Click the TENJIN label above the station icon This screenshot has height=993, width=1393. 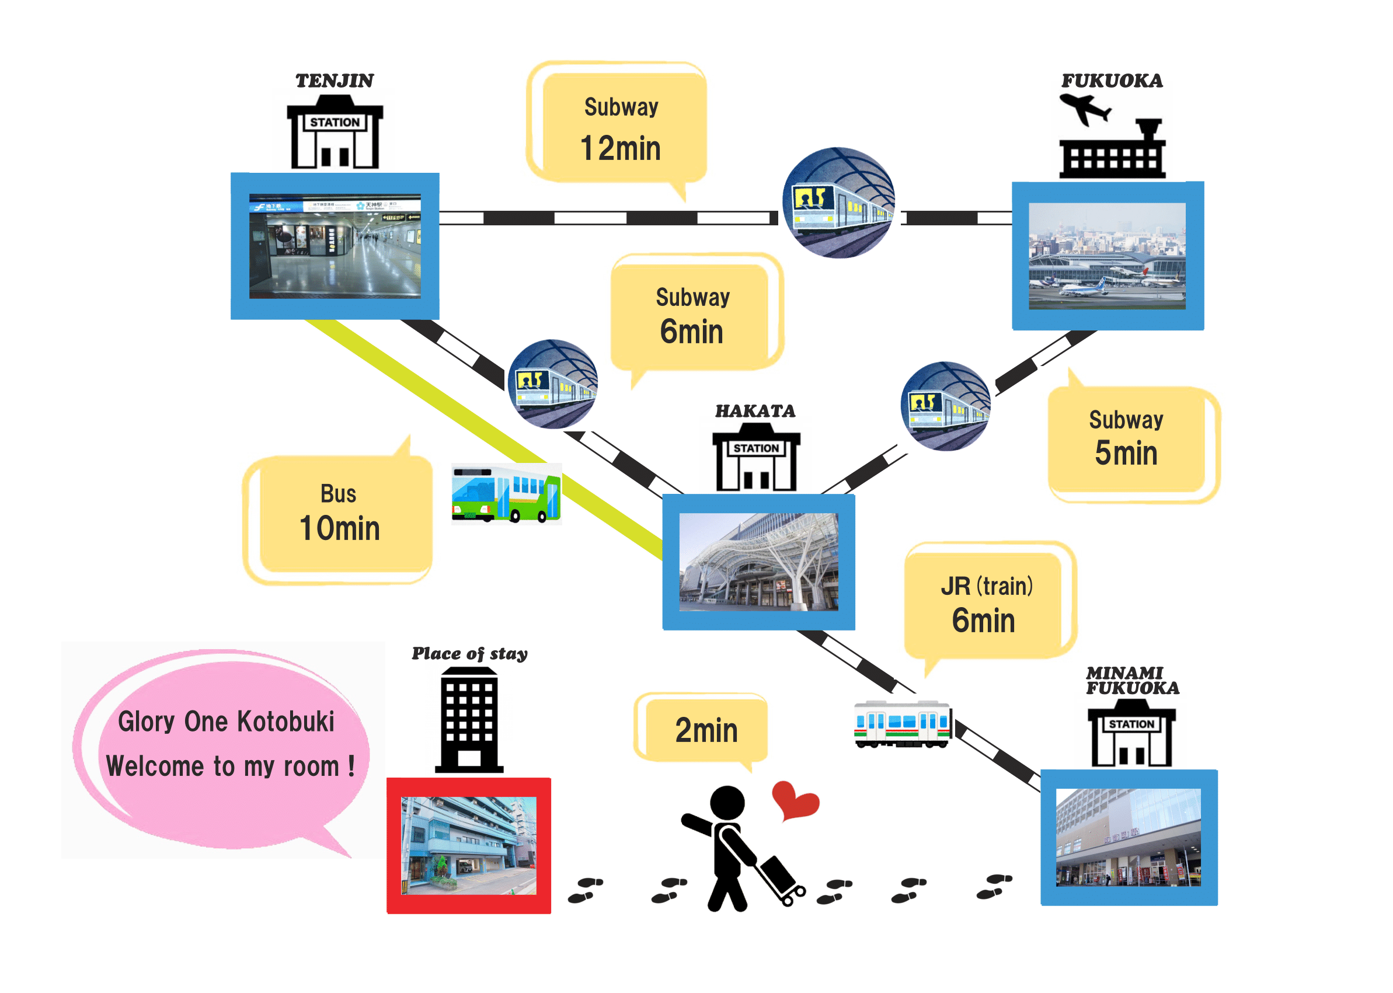pos(334,81)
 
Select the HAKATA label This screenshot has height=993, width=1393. pos(755,411)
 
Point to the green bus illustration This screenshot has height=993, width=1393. pos(506,494)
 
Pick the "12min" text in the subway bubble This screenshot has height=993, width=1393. pos(620,149)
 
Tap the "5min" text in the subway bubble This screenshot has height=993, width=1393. pos(1126,453)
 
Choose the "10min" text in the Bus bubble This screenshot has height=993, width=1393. pos(339,528)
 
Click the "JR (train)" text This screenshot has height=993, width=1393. pos(986,586)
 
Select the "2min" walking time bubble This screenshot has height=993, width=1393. pos(706,730)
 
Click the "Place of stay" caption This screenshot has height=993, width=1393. pos(469,654)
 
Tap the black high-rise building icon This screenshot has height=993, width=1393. pos(469,720)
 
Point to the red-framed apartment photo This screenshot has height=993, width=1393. pos(468,845)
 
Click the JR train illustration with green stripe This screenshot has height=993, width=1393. pos(902,724)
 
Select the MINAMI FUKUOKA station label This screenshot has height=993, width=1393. pos(1131,681)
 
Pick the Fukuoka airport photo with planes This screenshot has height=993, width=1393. pos(1107,256)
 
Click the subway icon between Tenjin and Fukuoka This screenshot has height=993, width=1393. pos(838,203)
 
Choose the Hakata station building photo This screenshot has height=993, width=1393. pos(758,562)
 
